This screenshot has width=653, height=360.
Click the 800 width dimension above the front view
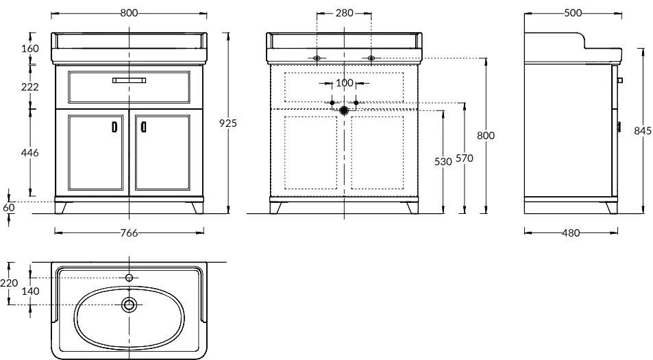[129, 13]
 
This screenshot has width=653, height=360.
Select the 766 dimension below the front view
[129, 233]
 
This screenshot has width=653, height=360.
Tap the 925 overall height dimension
[228, 123]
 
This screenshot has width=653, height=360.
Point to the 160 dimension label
[30, 48]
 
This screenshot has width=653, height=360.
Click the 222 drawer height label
[30, 86]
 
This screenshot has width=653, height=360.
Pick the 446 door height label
[30, 152]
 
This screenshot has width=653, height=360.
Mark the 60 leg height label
[9, 207]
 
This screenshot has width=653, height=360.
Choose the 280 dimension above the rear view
[345, 13]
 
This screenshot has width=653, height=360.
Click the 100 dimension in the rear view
[345, 83]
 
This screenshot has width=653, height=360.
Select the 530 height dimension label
[443, 161]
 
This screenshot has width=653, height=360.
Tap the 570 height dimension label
[465, 158]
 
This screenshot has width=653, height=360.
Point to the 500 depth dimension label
[573, 13]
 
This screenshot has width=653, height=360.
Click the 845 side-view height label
[643, 131]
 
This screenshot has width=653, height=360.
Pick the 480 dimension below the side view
[571, 233]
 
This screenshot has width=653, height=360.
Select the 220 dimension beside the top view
[9, 283]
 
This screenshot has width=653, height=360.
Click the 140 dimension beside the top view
[30, 291]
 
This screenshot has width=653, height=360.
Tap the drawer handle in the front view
[129, 80]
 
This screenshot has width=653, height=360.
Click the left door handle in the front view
[115, 127]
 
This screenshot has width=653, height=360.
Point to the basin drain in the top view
[129, 304]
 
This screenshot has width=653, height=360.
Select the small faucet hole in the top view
[129, 278]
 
